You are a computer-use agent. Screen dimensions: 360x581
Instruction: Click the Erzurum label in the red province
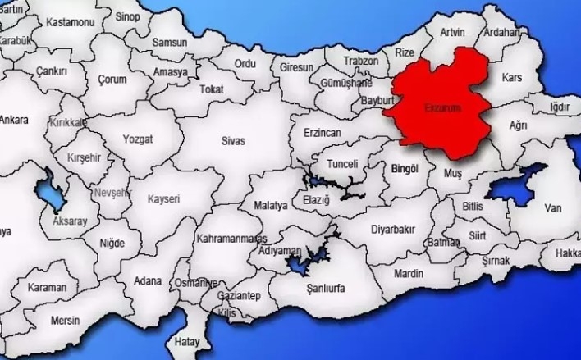(444, 107)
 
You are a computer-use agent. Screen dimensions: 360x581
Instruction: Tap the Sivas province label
(233, 140)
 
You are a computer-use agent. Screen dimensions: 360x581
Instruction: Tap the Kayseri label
(163, 198)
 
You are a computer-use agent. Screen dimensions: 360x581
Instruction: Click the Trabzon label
(361, 62)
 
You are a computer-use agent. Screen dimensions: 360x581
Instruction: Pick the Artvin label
(452, 32)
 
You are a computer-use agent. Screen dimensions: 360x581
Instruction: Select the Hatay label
(187, 340)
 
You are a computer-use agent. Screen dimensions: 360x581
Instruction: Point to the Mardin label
(408, 272)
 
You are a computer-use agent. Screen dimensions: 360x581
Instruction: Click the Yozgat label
(137, 139)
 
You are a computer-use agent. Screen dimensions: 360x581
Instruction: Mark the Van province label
(553, 208)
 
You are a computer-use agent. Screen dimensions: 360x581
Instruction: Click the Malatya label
(271, 205)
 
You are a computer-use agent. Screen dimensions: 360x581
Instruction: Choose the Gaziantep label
(239, 295)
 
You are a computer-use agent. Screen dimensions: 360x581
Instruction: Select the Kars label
(511, 77)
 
